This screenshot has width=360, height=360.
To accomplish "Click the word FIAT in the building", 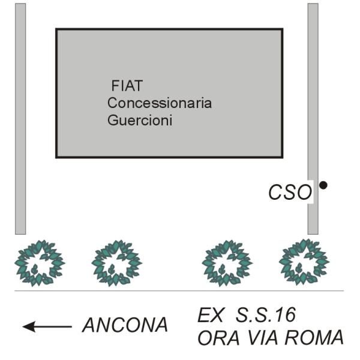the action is coord(127,86).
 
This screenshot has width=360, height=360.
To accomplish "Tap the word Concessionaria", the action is coord(160,103).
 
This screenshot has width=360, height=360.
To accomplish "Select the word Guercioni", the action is coord(140,120).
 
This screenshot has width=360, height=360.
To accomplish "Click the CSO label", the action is coord(290,192).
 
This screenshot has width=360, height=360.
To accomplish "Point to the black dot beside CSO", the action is coord(323,185).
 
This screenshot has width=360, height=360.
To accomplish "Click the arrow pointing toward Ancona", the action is coord(47,326).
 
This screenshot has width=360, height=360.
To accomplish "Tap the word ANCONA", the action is coord(125,325).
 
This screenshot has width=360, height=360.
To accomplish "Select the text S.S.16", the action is coord(266,315).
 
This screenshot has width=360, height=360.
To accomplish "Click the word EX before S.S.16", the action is coord(211,315).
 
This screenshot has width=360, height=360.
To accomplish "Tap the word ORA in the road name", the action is coord(218,338).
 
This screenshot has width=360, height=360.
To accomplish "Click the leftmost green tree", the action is coord(40,263).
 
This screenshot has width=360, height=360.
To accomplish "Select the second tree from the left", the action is coord(116,263).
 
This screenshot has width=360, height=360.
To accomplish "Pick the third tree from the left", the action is coord(227,263).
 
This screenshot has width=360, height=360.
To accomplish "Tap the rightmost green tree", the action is coord(304,262).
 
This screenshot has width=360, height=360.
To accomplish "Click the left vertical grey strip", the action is coord(20,119).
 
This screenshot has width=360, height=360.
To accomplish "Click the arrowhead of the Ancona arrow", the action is coord(29,326).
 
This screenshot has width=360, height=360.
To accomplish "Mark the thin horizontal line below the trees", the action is coord(179,290).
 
